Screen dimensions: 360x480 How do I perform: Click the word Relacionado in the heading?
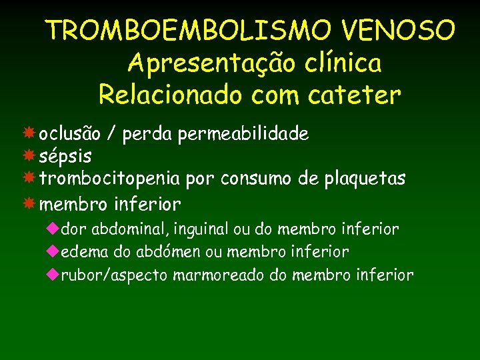click(171, 95)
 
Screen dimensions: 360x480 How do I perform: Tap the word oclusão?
click(70, 134)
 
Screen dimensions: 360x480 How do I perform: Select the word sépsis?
click(65, 157)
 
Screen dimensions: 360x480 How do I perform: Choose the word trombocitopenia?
click(109, 179)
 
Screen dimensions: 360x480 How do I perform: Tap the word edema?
click(79, 252)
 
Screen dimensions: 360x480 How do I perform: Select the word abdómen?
click(165, 252)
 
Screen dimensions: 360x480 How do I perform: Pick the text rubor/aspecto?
click(115, 275)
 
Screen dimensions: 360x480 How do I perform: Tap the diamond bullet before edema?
click(53, 252)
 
